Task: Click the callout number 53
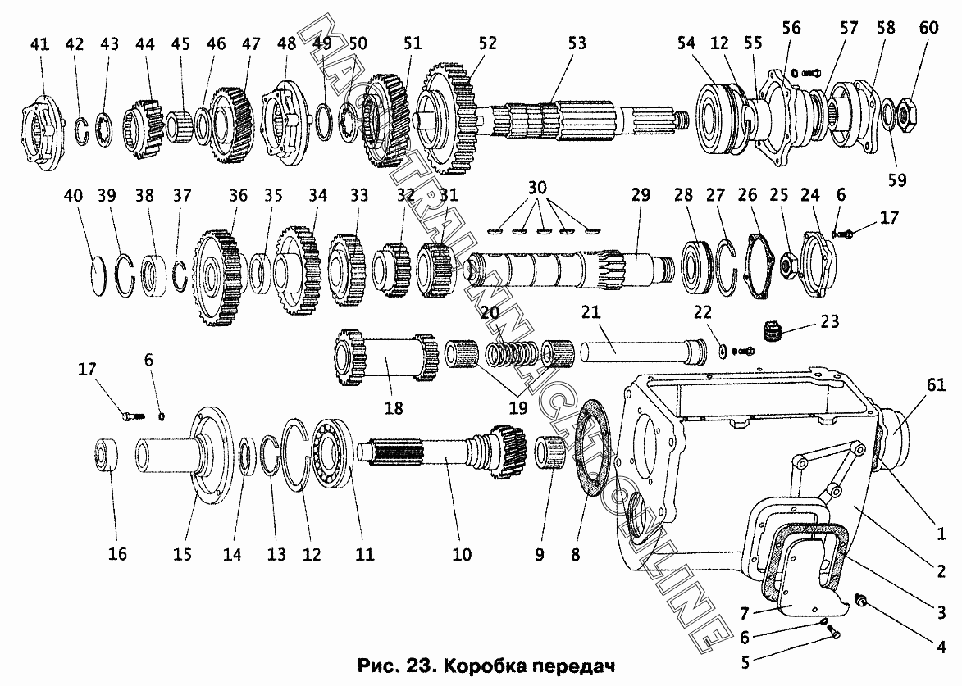coord(577,43)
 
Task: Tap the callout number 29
coord(641,195)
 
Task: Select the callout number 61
coord(936,385)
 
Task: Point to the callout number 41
coord(39,44)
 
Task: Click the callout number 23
coord(829,321)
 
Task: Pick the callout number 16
coord(117,554)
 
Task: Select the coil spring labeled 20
coord(510,354)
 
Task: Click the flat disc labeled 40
coord(98,276)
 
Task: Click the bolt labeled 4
coord(861,601)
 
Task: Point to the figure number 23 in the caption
coord(420,666)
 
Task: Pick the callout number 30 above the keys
coord(537,188)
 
